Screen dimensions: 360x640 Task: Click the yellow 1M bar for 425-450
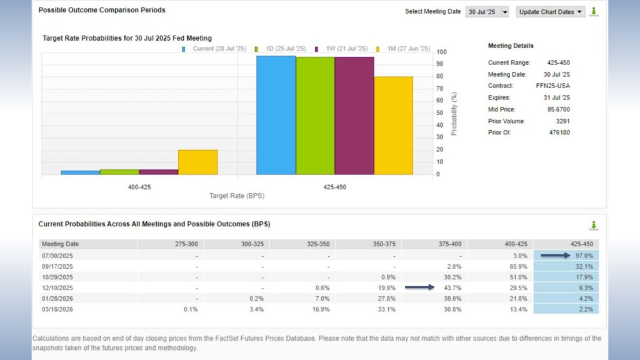point(394,125)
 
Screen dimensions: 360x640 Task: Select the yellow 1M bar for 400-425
point(197,162)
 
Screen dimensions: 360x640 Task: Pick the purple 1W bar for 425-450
point(354,116)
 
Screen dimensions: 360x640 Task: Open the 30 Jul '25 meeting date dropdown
point(487,12)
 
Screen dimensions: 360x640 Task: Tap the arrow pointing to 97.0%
point(555,255)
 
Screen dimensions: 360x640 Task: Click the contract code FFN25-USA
point(553,86)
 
